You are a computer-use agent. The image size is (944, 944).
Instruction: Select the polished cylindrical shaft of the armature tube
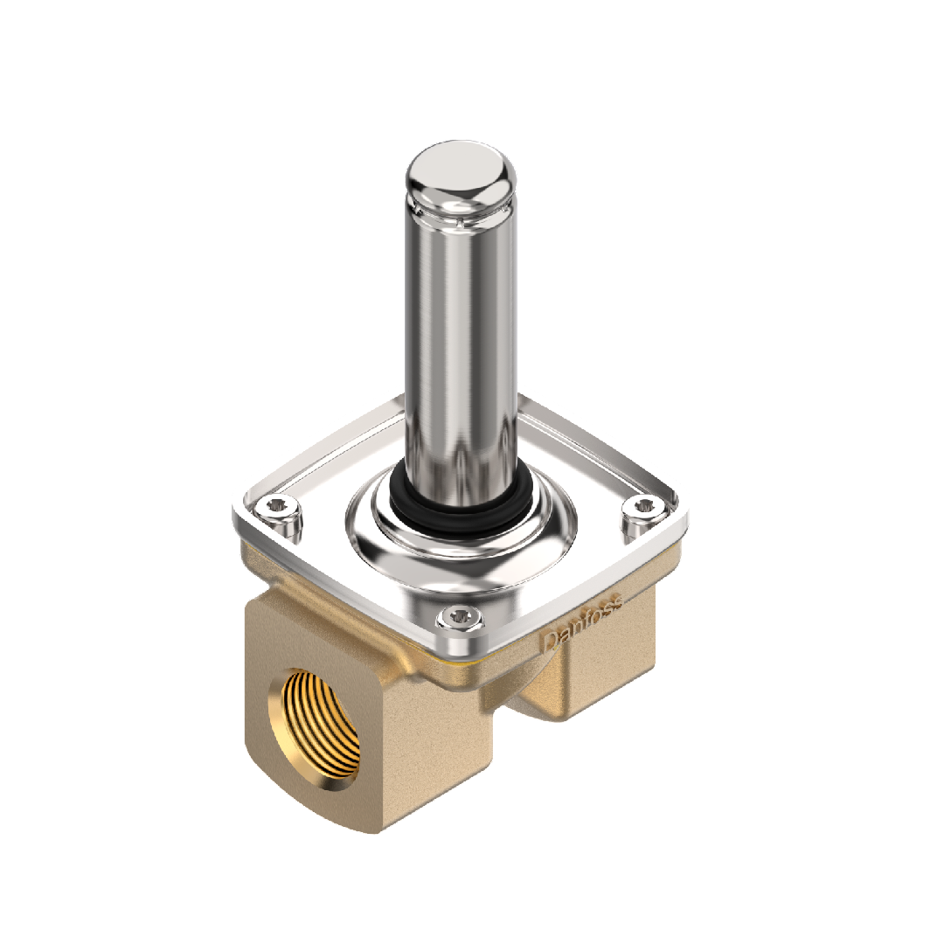(461, 350)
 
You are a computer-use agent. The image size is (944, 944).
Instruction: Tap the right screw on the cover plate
(643, 507)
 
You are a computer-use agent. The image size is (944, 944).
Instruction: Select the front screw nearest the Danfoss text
(462, 617)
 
